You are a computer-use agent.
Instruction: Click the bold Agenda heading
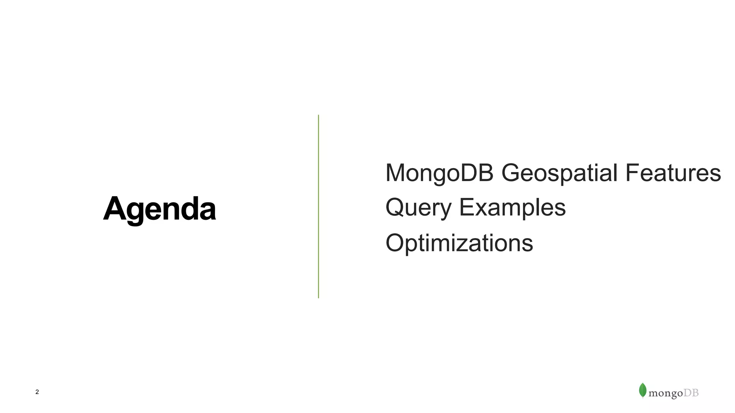(x=159, y=209)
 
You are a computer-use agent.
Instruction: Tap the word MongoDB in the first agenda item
(x=439, y=173)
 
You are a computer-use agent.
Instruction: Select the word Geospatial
(x=559, y=174)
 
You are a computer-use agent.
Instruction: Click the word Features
(x=673, y=173)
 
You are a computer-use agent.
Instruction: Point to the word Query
(x=418, y=208)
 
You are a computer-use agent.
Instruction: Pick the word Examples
(x=512, y=208)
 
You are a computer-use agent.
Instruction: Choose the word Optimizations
(x=459, y=243)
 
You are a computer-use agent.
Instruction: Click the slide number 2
(x=37, y=392)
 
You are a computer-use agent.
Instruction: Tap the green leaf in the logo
(x=642, y=390)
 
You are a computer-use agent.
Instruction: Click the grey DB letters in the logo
(x=691, y=393)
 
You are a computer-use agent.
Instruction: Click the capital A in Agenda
(x=114, y=209)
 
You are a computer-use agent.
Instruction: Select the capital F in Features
(x=632, y=173)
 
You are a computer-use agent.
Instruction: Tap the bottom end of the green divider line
(x=318, y=297)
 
